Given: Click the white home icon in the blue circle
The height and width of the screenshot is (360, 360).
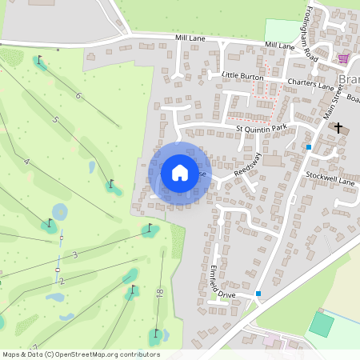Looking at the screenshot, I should pyautogui.click(x=180, y=172).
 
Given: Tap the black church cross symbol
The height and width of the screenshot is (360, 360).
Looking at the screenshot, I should pyautogui.click(x=338, y=127).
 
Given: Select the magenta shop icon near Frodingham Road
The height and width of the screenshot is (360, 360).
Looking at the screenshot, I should pyautogui.click(x=344, y=58).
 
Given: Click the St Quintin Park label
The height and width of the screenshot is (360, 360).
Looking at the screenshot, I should pyautogui.click(x=261, y=128).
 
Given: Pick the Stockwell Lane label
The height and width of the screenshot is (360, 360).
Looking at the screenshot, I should pyautogui.click(x=330, y=182).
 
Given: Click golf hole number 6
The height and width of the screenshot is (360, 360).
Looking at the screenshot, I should pyautogui.click(x=78, y=97).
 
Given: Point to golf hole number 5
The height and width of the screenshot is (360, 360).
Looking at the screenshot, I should pyautogui.click(x=55, y=120).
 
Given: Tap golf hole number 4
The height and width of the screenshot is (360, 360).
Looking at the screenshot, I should pyautogui.click(x=26, y=162).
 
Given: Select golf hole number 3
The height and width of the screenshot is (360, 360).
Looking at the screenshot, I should pyautogui.click(x=74, y=254).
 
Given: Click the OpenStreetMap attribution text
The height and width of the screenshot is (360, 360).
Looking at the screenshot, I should pyautogui.click(x=81, y=354).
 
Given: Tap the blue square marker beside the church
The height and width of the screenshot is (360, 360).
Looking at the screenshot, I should pyautogui.click(x=309, y=147).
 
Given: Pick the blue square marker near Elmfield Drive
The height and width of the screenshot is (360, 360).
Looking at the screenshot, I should pyautogui.click(x=258, y=294).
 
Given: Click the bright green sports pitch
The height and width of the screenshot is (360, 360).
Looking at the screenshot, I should pyautogui.click(x=322, y=324).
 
